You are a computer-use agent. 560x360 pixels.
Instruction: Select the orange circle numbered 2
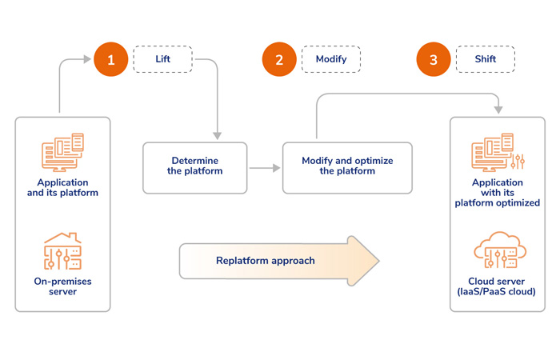pyautogui.click(x=279, y=59)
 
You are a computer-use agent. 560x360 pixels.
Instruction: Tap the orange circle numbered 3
pyautogui.click(x=433, y=59)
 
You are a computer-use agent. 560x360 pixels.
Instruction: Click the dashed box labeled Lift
pyautogui.click(x=162, y=59)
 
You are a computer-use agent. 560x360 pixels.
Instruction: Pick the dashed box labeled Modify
pyautogui.click(x=330, y=59)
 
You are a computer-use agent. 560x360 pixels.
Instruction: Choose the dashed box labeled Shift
pyautogui.click(x=485, y=59)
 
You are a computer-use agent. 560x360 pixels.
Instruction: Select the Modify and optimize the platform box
pyautogui.click(x=347, y=167)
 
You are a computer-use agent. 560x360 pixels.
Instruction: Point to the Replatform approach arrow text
pyautogui.click(x=265, y=261)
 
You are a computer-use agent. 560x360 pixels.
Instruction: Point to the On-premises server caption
pyautogui.click(x=62, y=287)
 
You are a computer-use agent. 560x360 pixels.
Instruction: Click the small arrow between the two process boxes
pyautogui.click(x=264, y=168)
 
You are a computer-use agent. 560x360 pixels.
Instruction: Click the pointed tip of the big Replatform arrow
pyautogui.click(x=377, y=261)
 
